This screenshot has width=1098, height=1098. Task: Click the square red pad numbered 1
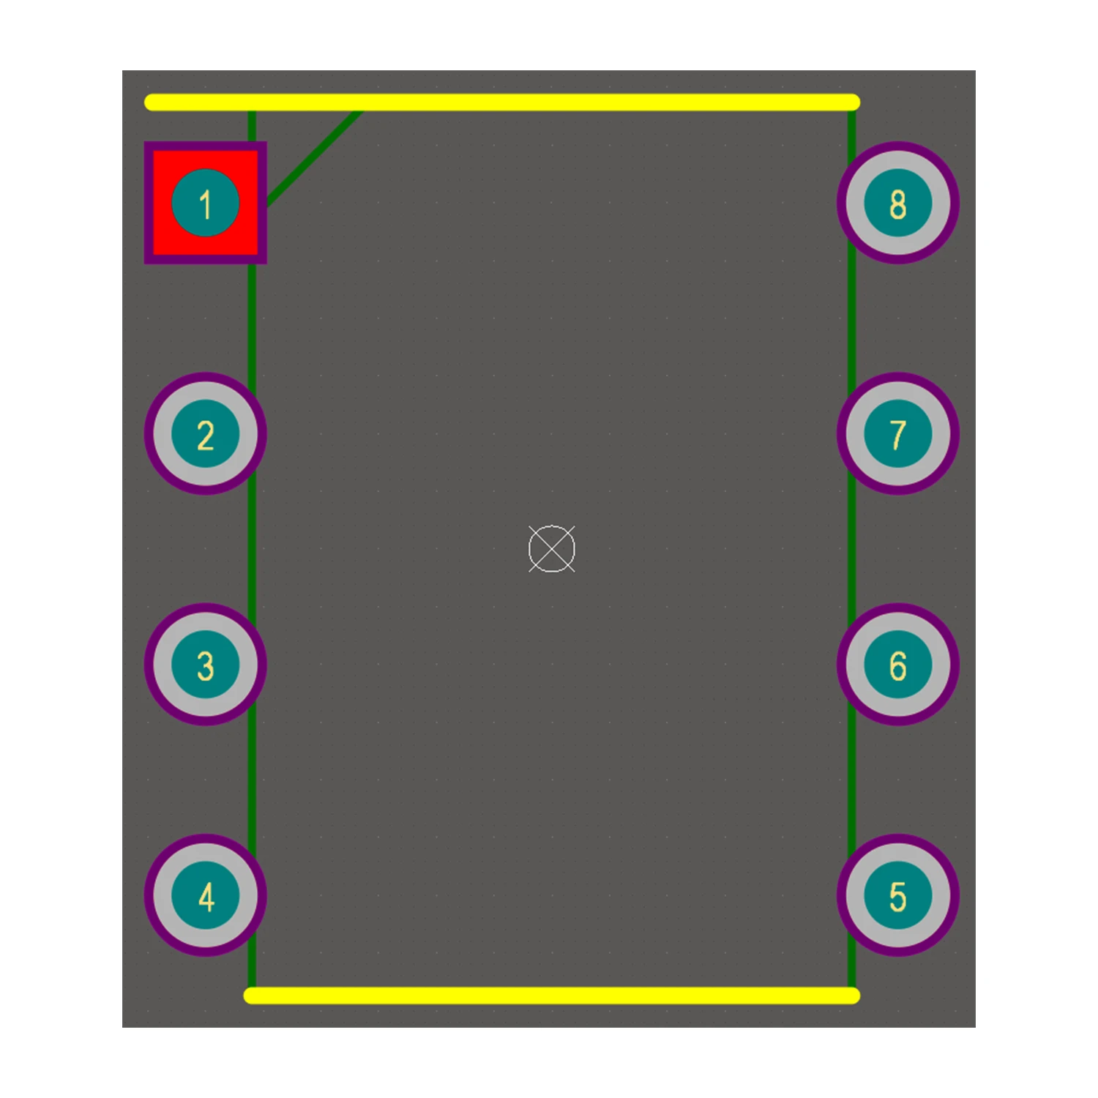(x=206, y=203)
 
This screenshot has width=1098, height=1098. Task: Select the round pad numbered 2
(x=206, y=434)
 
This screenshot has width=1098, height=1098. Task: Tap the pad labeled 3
(x=206, y=665)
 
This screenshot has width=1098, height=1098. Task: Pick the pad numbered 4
(x=206, y=895)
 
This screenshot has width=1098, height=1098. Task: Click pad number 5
(x=898, y=895)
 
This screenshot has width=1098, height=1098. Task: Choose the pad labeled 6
(x=898, y=665)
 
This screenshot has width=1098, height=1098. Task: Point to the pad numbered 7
(x=898, y=434)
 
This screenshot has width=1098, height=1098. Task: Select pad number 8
(x=898, y=203)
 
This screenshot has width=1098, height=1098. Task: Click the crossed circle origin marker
(x=552, y=549)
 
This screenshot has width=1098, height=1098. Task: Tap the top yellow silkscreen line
(x=502, y=102)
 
